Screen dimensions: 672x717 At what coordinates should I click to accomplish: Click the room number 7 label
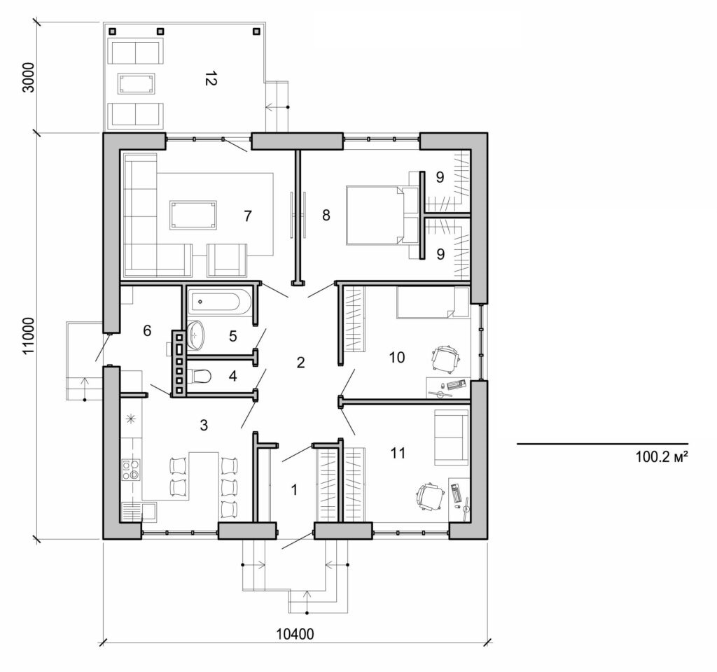(x=247, y=216)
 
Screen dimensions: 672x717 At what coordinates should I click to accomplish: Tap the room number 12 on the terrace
(x=208, y=79)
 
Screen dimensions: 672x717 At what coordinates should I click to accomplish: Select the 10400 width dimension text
(x=295, y=634)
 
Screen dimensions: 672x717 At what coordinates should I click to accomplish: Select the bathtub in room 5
(x=218, y=302)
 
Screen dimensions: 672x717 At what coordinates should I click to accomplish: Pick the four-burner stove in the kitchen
(x=130, y=469)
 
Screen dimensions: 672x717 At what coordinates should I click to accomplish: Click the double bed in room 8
(x=376, y=215)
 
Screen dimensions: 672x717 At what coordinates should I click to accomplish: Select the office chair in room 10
(x=445, y=359)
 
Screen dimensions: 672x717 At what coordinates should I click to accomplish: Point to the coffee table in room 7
(x=193, y=215)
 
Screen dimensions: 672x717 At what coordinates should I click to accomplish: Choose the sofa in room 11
(x=452, y=437)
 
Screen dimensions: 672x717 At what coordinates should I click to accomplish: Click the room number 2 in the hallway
(x=300, y=363)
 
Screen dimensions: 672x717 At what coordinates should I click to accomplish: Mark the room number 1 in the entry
(x=294, y=490)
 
